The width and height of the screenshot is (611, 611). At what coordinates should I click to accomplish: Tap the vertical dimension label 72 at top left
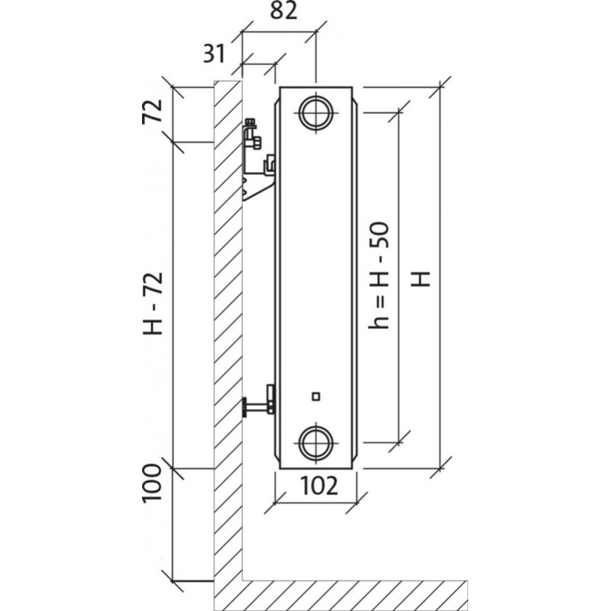point(154,113)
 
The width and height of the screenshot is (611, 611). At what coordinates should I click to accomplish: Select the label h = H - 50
point(380,275)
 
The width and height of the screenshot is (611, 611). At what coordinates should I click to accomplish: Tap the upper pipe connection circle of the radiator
point(315,112)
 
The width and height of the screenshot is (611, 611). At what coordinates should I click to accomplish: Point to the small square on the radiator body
point(315,396)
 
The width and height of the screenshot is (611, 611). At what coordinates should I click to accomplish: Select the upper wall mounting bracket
point(258,160)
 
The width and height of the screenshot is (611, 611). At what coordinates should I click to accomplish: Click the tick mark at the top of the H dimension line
point(440,88)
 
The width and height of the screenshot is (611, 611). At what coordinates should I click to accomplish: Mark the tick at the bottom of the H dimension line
point(440,467)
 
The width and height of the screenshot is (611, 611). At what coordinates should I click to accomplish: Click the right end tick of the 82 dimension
point(315,34)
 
